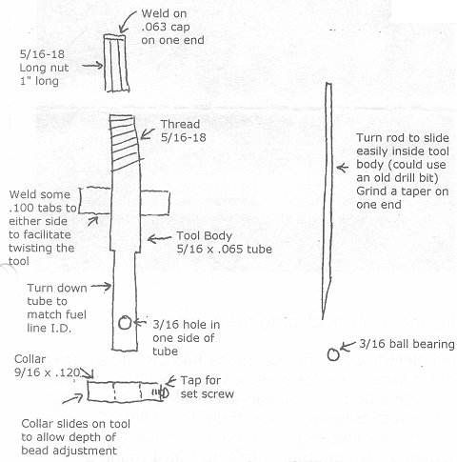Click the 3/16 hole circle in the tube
pyautogui.click(x=125, y=323)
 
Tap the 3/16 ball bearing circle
pyautogui.click(x=333, y=354)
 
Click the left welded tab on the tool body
pyautogui.click(x=94, y=200)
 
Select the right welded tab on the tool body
pyautogui.click(x=154, y=203)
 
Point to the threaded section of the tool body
pyautogui.click(x=126, y=143)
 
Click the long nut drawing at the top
pyautogui.click(x=116, y=63)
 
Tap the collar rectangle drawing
pyautogui.click(x=125, y=392)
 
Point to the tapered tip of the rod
pyautogui.click(x=326, y=298)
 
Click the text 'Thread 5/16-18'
pyautogui.click(x=184, y=131)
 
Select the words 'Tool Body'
pyautogui.click(x=205, y=235)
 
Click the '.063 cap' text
pyautogui.click(x=166, y=27)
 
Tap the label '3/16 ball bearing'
pyautogui.click(x=407, y=344)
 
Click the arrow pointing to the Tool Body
pyautogui.click(x=160, y=238)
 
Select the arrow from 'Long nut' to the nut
pyautogui.click(x=92, y=66)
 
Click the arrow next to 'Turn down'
pyautogui.click(x=102, y=287)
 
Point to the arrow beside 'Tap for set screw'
pyautogui.click(x=170, y=381)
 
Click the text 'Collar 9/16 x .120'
pyautogui.click(x=47, y=366)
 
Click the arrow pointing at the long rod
pyautogui.click(x=343, y=168)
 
